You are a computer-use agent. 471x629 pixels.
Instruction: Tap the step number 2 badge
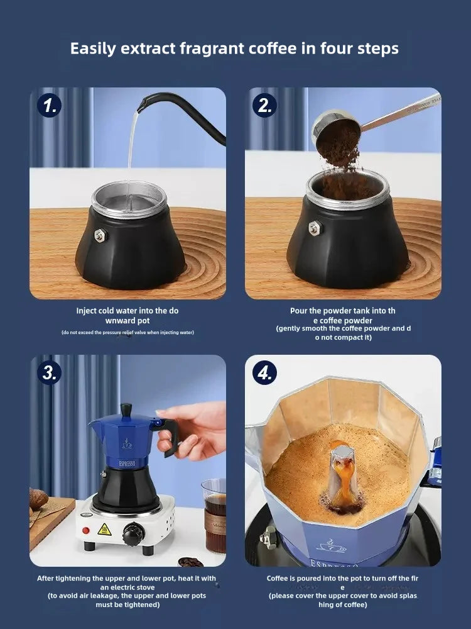264,104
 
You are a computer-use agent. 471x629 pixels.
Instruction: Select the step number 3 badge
48,372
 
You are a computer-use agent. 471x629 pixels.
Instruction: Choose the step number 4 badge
264,372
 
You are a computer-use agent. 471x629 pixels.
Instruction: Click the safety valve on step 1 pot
99,235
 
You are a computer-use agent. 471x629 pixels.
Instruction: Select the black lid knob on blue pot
126,409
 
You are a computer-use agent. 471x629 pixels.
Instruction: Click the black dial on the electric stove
131,537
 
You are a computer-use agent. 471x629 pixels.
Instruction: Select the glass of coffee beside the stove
214,515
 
